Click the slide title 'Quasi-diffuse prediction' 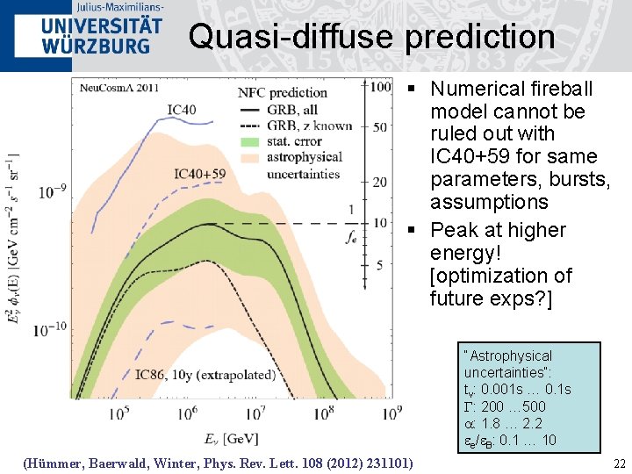pyautogui.click(x=371, y=37)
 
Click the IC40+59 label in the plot pyautogui.click(x=199, y=174)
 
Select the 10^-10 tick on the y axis pyautogui.click(x=52, y=330)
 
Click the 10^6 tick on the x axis pyautogui.click(x=192, y=411)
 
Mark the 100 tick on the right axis pyautogui.click(x=380, y=87)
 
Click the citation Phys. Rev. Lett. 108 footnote pyautogui.click(x=218, y=463)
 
